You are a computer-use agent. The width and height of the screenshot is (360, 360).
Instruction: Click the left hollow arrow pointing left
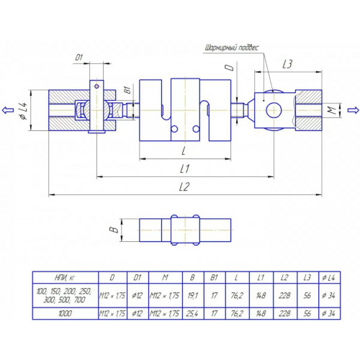coord(8,110)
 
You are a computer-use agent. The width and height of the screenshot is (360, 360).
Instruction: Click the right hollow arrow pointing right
coord(354,110)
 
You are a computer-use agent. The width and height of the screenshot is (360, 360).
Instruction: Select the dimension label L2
coord(184,186)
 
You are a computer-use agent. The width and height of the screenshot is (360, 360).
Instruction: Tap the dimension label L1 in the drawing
coord(184,168)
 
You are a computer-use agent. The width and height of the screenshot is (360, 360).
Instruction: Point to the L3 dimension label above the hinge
coord(287,64)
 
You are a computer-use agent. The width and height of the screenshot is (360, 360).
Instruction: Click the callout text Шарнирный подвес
coord(232,48)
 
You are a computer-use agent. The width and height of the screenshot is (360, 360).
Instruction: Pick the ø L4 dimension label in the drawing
coord(24,110)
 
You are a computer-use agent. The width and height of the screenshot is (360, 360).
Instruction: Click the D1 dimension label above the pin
coord(79,58)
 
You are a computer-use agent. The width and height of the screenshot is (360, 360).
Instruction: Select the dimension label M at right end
coord(332,110)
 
